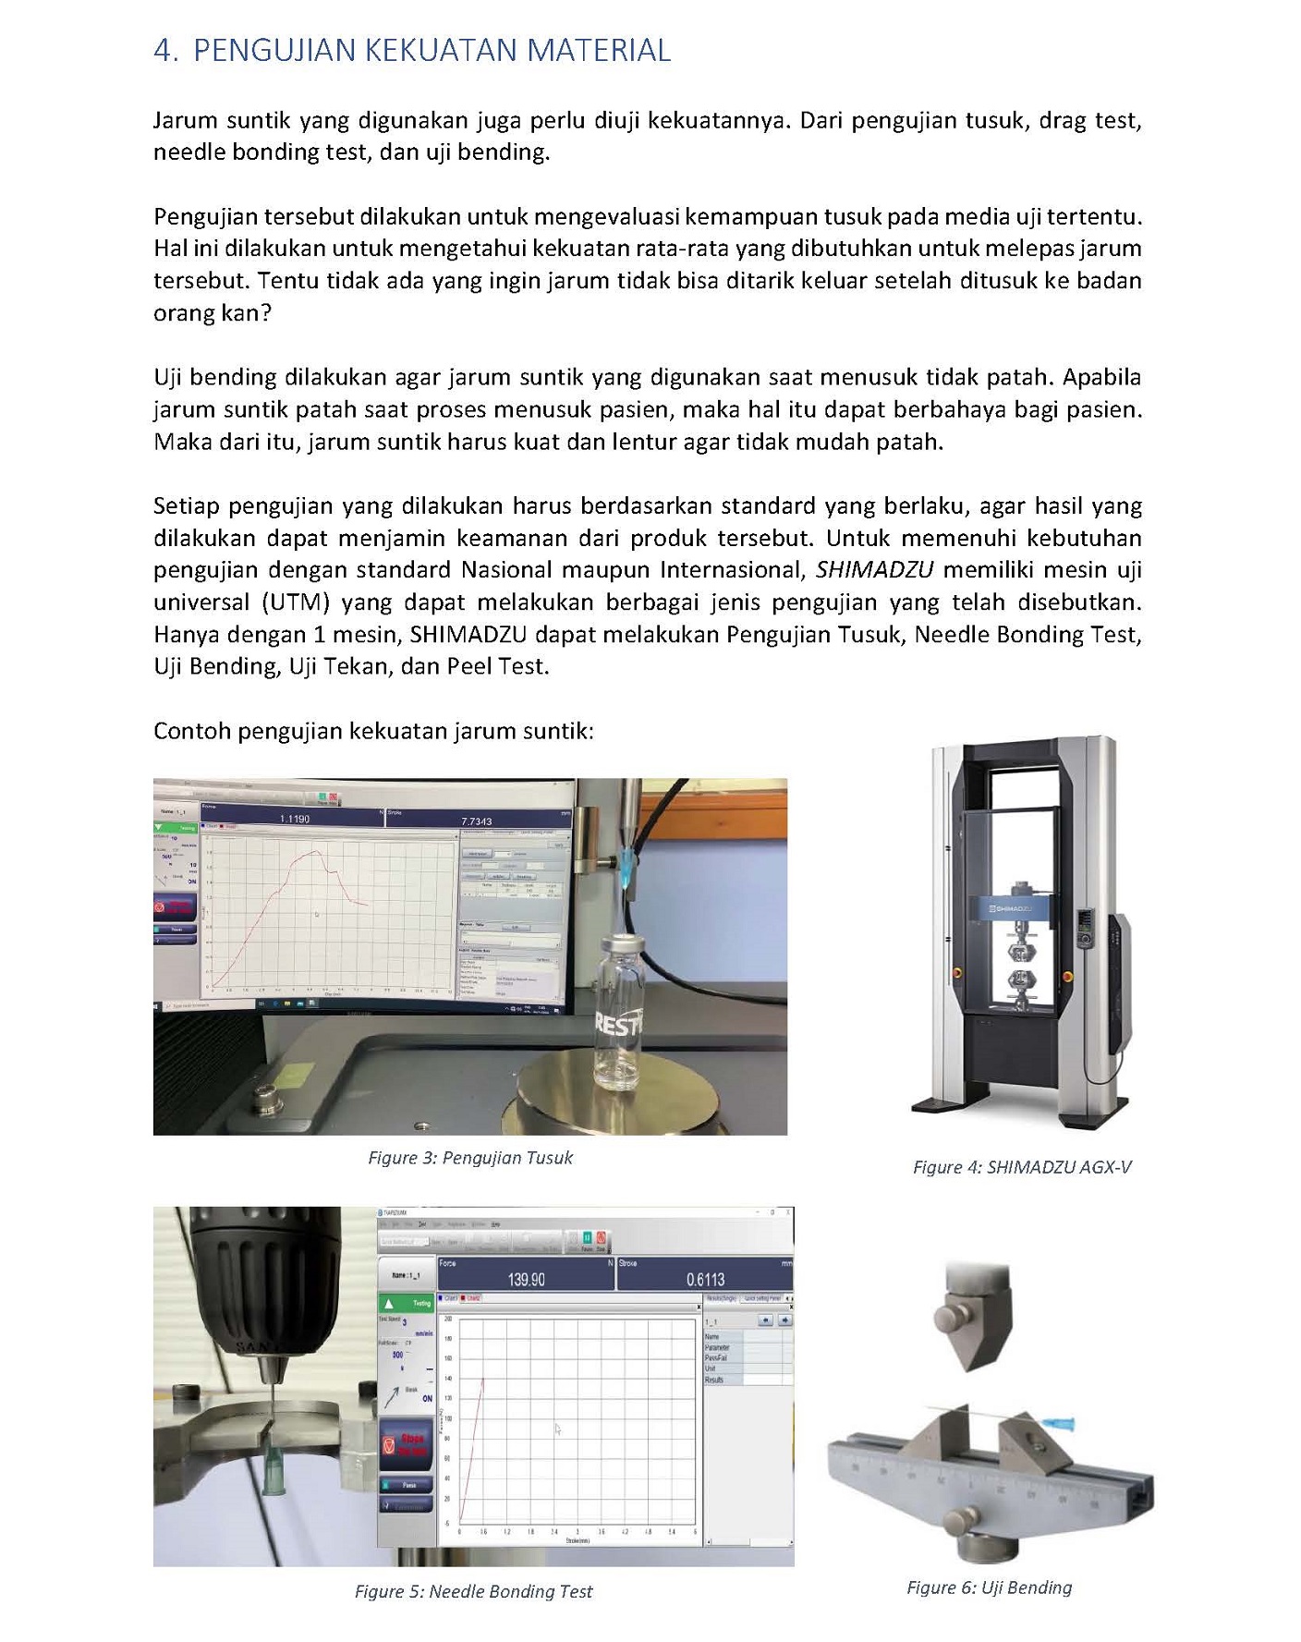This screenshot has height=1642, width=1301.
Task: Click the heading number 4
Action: (x=164, y=51)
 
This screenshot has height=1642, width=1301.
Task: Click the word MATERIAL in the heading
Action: (x=598, y=51)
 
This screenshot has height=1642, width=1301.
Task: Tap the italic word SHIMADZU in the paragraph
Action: (x=874, y=570)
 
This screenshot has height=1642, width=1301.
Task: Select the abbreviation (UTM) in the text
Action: (x=296, y=602)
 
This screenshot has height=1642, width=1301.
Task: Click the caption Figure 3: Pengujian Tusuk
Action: (x=470, y=1158)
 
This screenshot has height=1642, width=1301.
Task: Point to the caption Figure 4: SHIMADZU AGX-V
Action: (x=1022, y=1167)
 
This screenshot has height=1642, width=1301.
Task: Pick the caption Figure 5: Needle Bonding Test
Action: (x=473, y=1591)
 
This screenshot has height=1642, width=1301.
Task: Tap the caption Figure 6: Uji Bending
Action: (x=989, y=1587)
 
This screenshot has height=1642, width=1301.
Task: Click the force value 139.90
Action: (x=526, y=1279)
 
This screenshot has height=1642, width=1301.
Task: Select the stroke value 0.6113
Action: (x=705, y=1279)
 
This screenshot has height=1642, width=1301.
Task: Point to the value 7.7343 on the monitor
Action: (x=476, y=821)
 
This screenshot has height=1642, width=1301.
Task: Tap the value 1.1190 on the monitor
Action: (x=295, y=819)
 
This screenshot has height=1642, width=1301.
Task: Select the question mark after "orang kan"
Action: (x=266, y=313)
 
